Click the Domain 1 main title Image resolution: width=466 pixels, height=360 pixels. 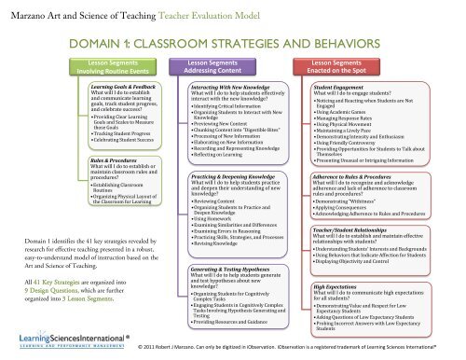pos(233,46)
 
